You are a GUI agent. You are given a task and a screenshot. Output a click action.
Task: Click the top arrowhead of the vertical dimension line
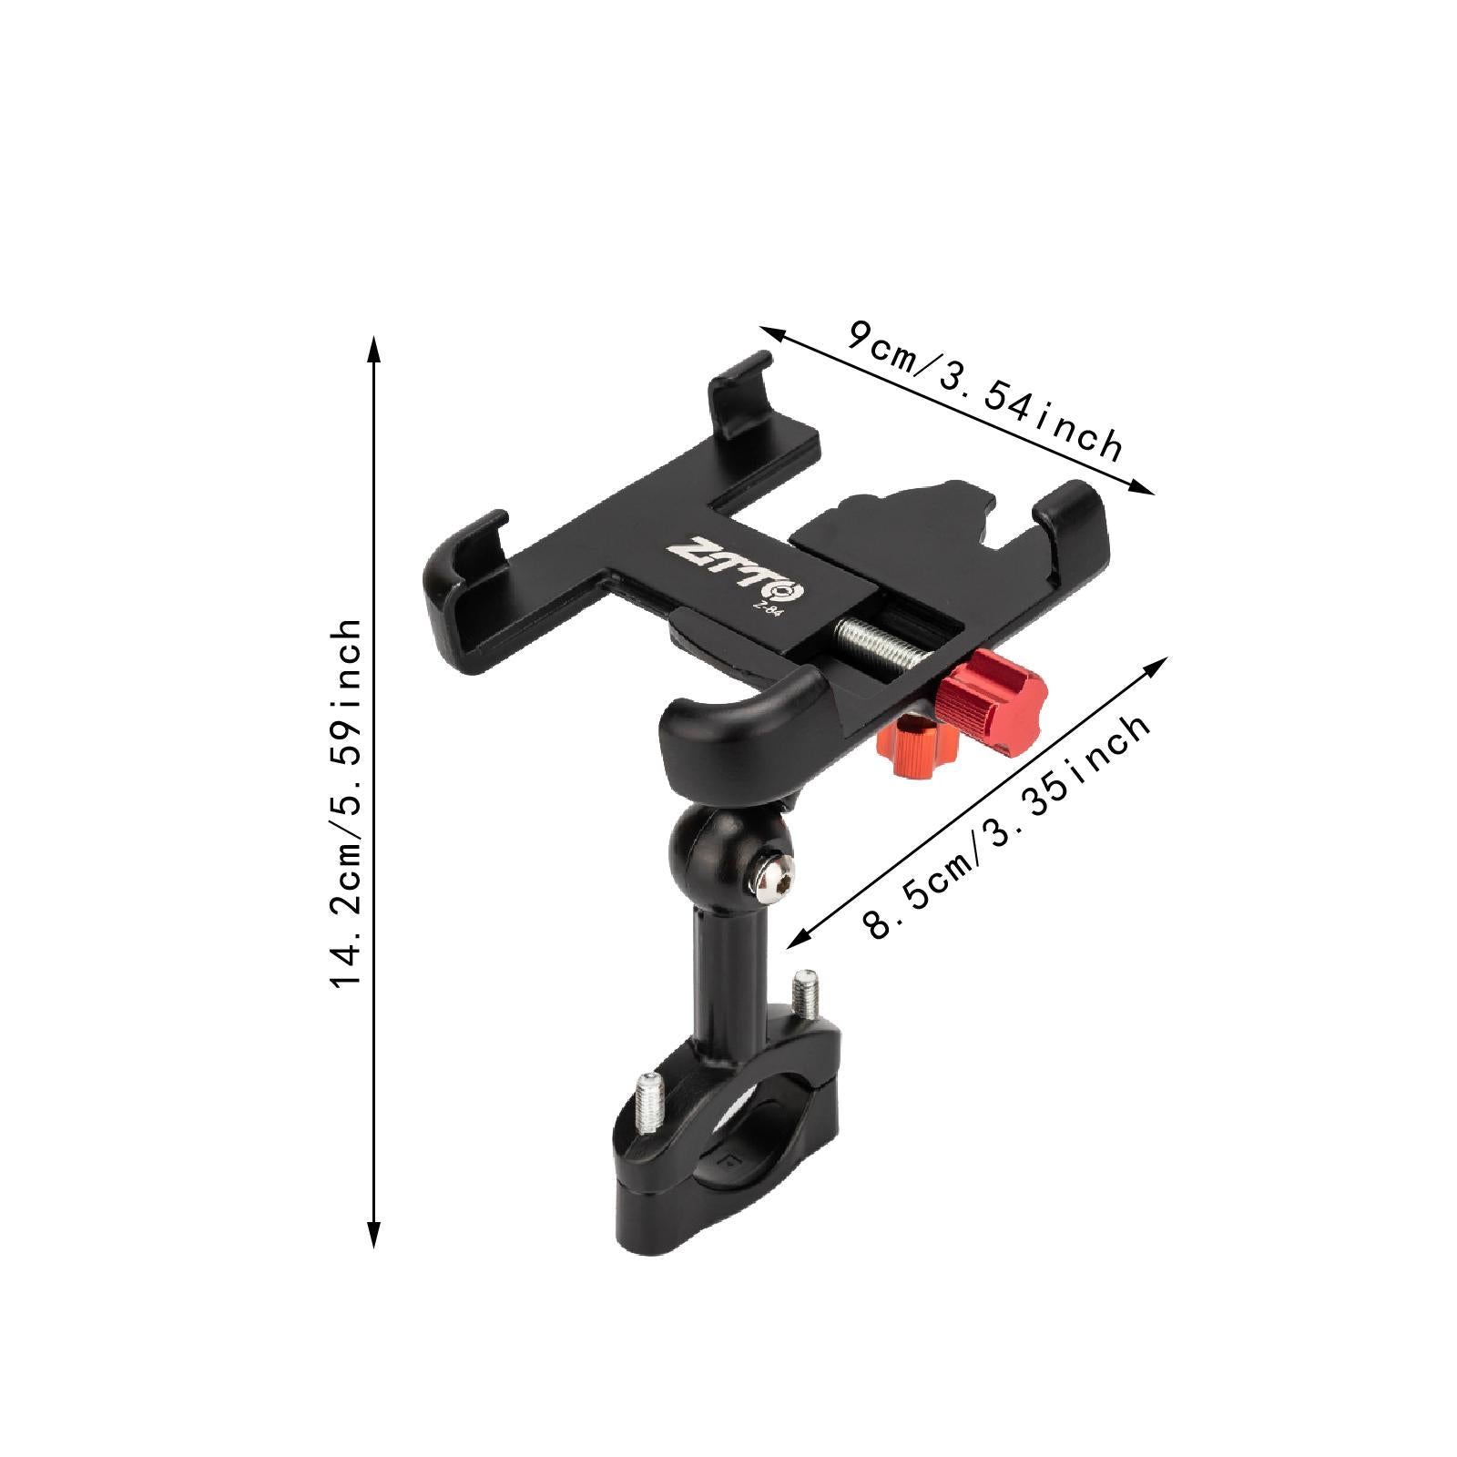coord(372,346)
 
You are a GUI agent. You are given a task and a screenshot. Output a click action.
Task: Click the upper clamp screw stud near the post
coord(803,994)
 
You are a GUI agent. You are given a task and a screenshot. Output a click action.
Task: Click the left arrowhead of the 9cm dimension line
coord(768,333)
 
